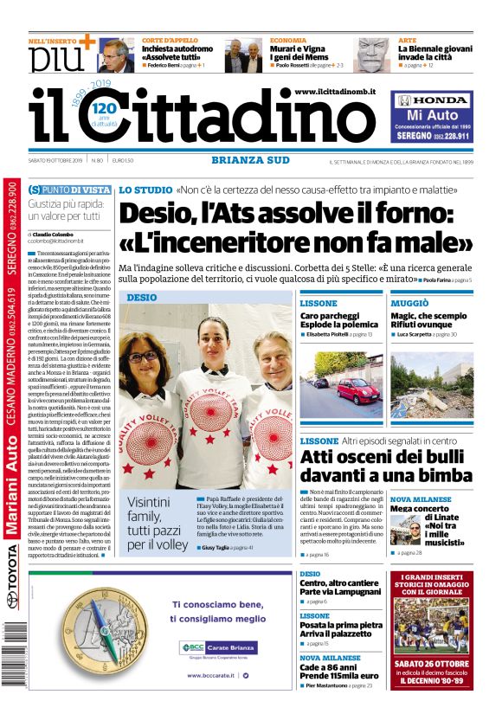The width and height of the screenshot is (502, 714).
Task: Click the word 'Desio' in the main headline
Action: coord(157,215)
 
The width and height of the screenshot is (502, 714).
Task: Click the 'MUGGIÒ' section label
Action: coord(409,304)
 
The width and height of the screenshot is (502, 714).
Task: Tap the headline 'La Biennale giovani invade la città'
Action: coord(434,54)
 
